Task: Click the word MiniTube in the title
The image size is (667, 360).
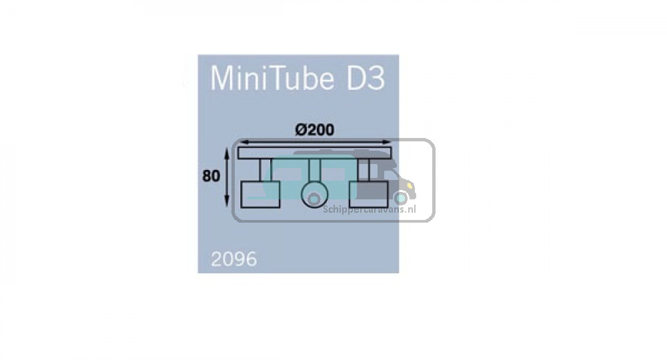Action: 272,78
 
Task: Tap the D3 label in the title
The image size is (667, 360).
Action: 366,78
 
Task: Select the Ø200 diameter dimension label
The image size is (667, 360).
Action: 315,129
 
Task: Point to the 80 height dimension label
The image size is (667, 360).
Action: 211,175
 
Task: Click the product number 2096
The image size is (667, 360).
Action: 234,259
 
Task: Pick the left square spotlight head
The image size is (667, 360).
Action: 260,195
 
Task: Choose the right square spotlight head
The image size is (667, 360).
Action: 368,195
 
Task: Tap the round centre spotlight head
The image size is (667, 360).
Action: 315,195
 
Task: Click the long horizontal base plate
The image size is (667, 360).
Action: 315,153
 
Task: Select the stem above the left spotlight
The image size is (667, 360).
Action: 265,170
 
